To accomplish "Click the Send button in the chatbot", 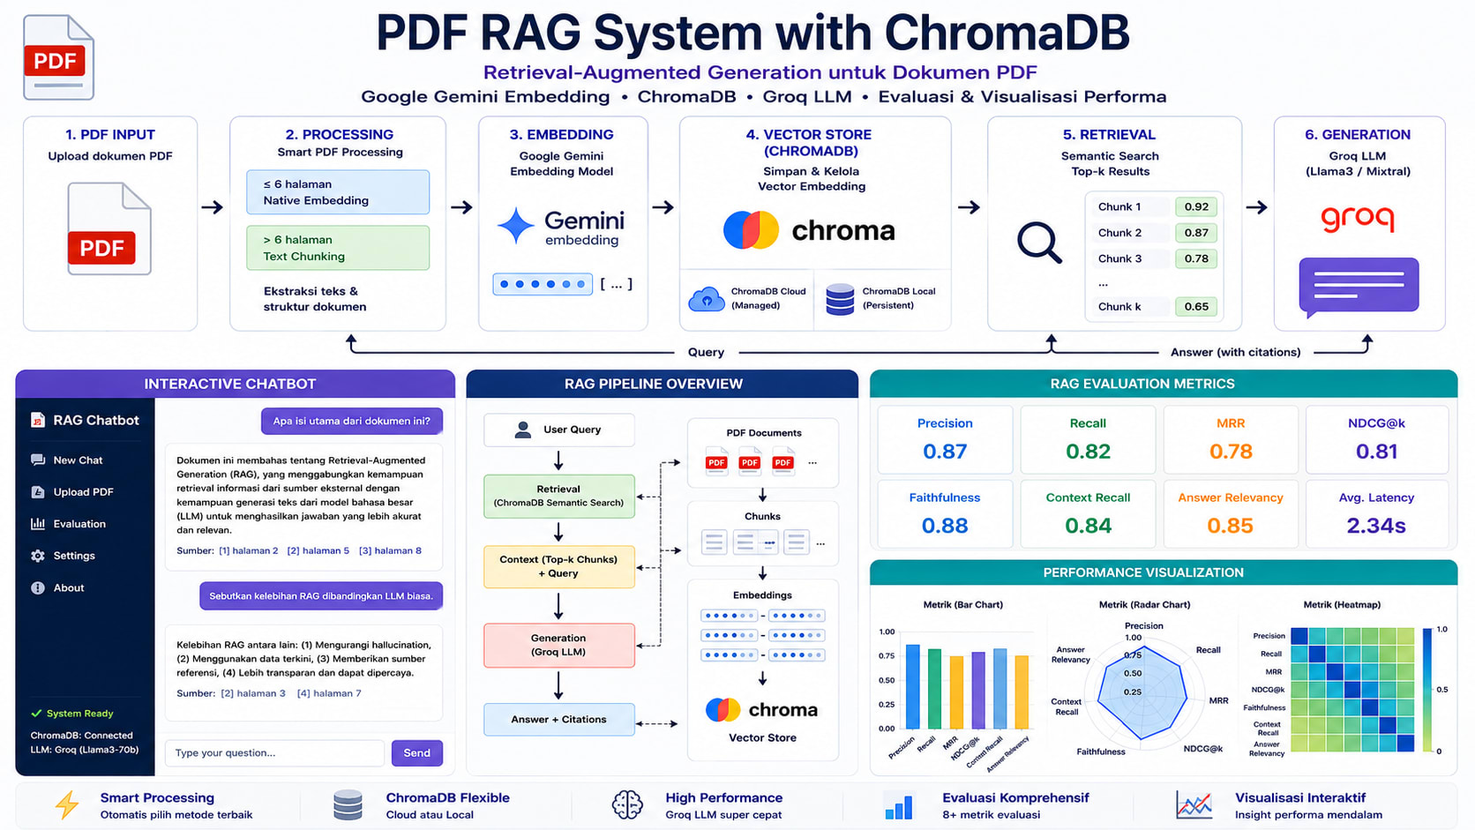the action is (416, 752).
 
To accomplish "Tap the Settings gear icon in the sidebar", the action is (38, 556).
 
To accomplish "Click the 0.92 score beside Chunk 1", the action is (1196, 206).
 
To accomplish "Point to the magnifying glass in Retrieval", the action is (1039, 243).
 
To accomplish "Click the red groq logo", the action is (1357, 218).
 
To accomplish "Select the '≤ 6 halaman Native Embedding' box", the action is (338, 192).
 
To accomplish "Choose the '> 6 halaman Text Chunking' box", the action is (338, 248).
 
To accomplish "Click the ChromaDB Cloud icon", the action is (706, 299).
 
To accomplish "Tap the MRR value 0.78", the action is (1230, 452).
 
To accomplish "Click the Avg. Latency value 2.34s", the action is (1375, 525).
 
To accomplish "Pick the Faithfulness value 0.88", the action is (944, 525).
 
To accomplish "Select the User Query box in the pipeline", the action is (559, 430).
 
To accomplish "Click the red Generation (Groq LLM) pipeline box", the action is (559, 645).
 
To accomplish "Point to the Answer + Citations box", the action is (559, 720).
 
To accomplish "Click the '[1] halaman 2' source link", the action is (248, 550).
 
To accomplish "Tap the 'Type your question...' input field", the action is (274, 752).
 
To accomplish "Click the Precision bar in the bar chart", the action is (913, 686).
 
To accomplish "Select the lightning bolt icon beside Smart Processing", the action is (66, 805).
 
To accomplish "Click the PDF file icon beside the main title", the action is (58, 57).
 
